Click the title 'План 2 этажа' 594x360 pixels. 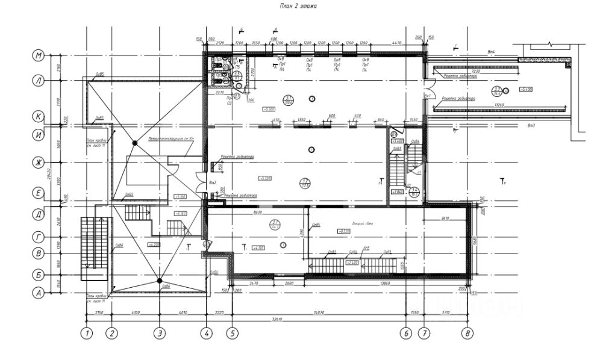(x=298, y=6)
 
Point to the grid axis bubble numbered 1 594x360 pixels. (x=87, y=332)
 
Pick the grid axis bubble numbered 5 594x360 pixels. (x=232, y=332)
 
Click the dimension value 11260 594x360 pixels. (x=499, y=105)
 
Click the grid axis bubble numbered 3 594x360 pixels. (x=159, y=332)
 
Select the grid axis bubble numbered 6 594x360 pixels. (x=407, y=332)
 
